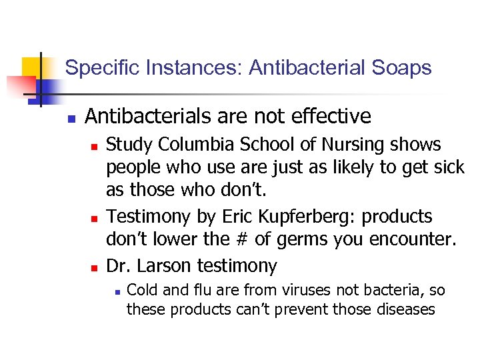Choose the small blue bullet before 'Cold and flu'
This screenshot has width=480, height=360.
(x=116, y=292)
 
